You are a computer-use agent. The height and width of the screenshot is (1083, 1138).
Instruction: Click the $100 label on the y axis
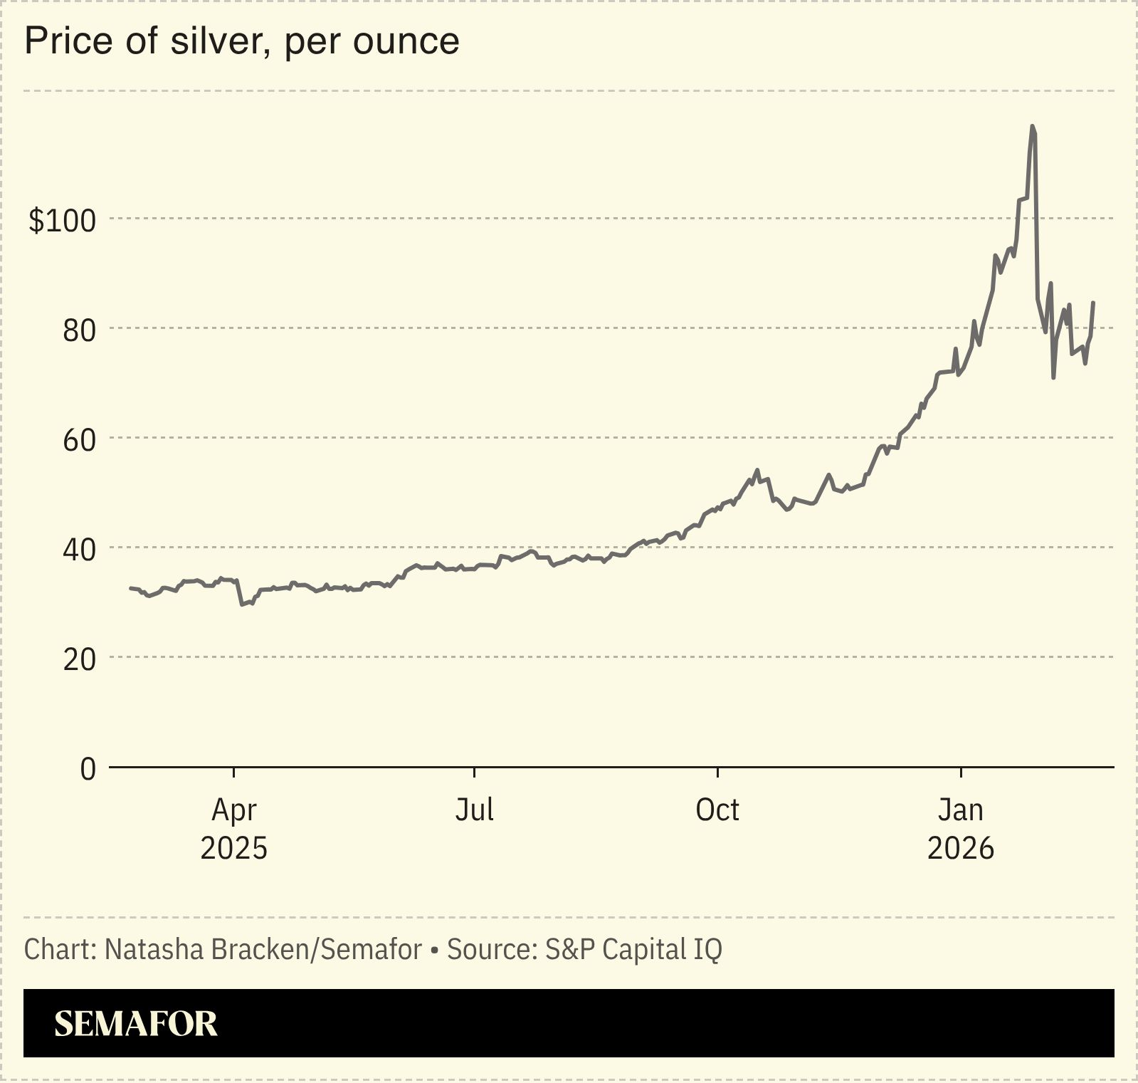pyautogui.click(x=62, y=221)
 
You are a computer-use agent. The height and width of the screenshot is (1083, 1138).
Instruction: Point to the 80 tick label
pyautogui.click(x=79, y=330)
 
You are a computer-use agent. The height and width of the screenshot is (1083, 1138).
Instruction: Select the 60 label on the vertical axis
pyautogui.click(x=79, y=440)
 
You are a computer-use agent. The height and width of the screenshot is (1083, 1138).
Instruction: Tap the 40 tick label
pyautogui.click(x=79, y=550)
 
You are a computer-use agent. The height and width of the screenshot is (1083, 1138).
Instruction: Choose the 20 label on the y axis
pyautogui.click(x=79, y=659)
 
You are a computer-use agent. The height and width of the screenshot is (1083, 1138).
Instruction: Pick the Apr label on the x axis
pyautogui.click(x=234, y=810)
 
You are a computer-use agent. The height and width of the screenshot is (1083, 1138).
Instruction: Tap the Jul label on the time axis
pyautogui.click(x=474, y=810)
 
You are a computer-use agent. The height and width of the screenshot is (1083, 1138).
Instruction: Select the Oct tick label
pyautogui.click(x=717, y=810)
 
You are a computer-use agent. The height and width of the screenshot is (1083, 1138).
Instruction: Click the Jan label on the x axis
pyautogui.click(x=961, y=810)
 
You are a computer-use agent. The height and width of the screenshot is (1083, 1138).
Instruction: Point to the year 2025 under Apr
pyautogui.click(x=234, y=849)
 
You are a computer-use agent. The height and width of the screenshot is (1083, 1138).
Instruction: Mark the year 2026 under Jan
pyautogui.click(x=961, y=849)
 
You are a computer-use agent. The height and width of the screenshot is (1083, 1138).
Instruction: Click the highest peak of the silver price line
pyautogui.click(x=1032, y=127)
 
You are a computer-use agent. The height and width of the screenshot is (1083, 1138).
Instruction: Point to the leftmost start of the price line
pyautogui.click(x=130, y=588)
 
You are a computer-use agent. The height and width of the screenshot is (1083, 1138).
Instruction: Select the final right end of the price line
pyautogui.click(x=1093, y=303)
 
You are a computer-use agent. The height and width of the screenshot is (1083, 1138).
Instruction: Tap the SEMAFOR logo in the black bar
pyautogui.click(x=136, y=1024)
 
